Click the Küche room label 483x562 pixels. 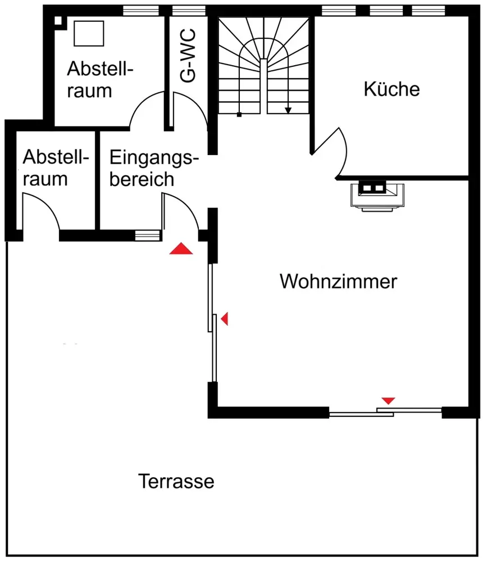[x=391, y=89]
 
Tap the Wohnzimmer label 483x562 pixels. [x=338, y=282]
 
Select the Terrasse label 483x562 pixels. [x=176, y=481]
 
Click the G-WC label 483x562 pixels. [x=188, y=56]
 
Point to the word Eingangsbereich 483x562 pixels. [x=154, y=167]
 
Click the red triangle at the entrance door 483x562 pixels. [x=181, y=249]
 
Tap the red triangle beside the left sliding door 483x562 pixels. [x=225, y=318]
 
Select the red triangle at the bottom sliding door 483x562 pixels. [x=389, y=401]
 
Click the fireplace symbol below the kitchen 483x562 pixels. [x=377, y=196]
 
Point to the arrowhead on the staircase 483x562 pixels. [x=288, y=111]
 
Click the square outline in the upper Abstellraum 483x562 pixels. [x=89, y=33]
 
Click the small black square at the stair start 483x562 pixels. [x=239, y=115]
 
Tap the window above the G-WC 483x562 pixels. [x=189, y=11]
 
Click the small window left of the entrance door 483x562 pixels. [x=147, y=235]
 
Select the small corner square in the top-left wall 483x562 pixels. [x=58, y=20]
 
